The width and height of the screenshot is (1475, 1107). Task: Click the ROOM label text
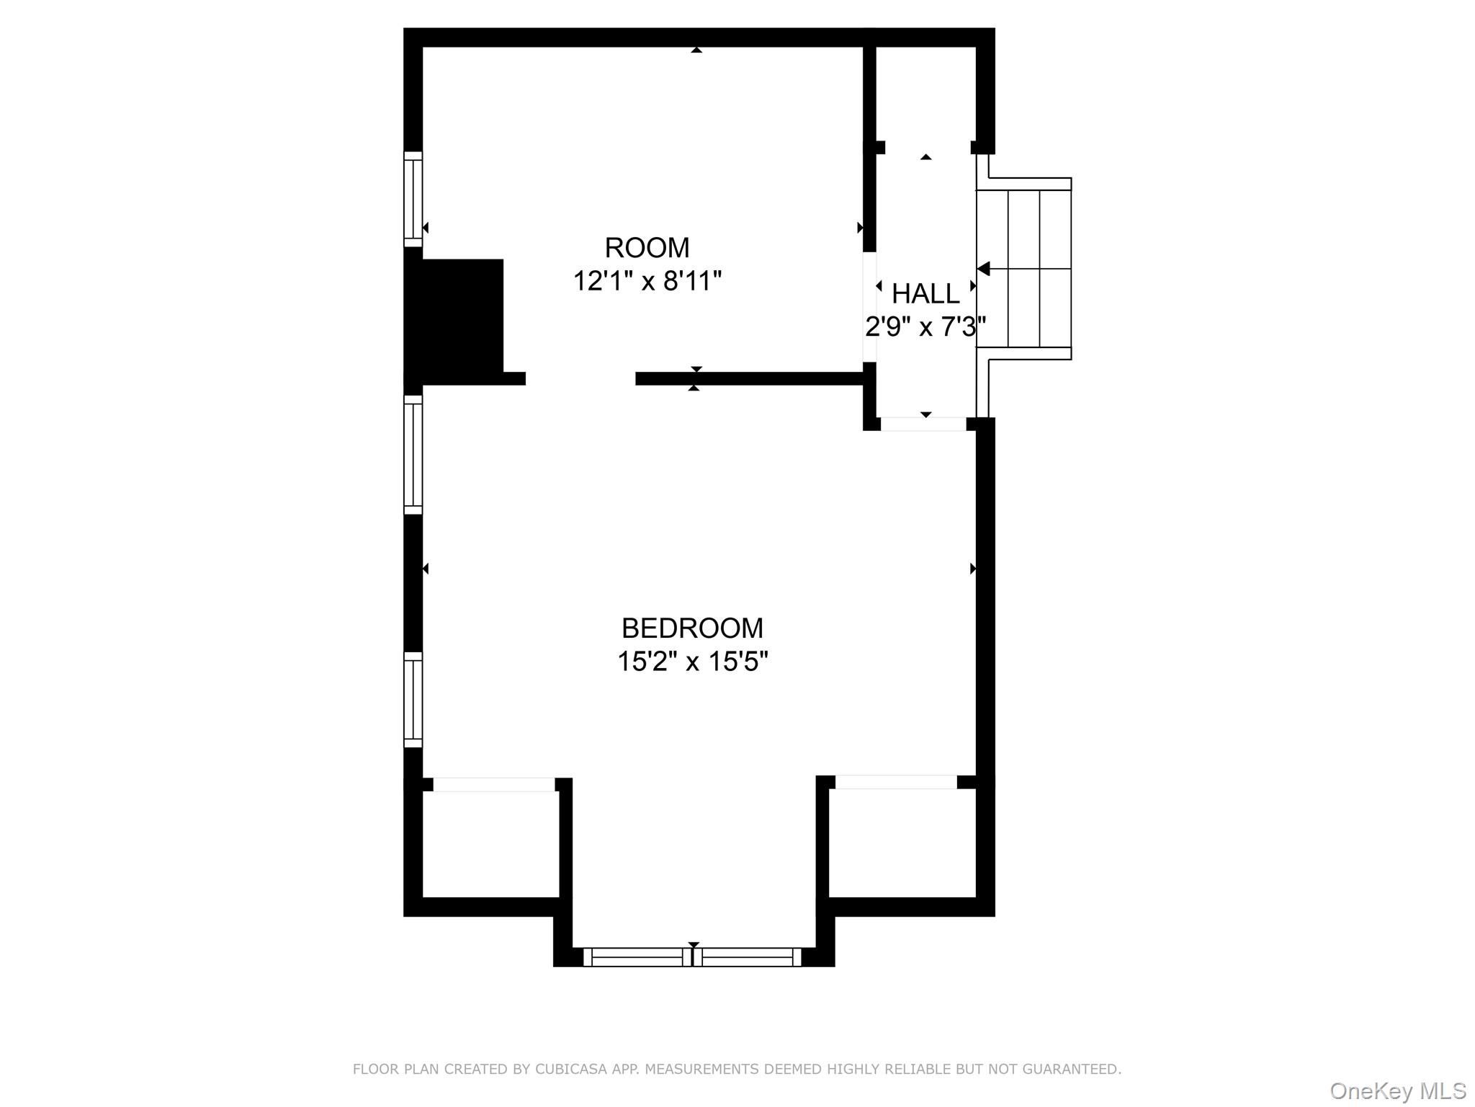pos(647,248)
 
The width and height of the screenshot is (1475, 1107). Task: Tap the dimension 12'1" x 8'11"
pos(647,281)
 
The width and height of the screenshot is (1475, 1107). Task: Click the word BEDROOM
pos(692,628)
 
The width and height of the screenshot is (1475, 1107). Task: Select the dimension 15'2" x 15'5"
pos(692,662)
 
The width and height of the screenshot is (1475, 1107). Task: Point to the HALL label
pos(925,294)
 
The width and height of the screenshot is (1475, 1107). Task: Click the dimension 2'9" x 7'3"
pos(925,327)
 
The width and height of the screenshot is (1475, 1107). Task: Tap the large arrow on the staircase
pos(984,269)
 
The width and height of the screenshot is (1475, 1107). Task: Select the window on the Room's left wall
pos(413,199)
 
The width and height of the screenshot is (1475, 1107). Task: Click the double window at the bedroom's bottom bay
pos(692,957)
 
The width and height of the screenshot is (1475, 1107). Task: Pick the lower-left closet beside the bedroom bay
pos(490,845)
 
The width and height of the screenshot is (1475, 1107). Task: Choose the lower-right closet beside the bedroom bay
pos(902,843)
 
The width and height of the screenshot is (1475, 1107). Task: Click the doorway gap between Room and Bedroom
pos(580,379)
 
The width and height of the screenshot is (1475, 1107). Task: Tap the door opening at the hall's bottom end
pos(923,424)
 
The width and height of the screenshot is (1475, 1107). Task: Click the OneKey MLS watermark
pos(1397,1090)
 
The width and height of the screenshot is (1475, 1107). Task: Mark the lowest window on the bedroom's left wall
pos(413,700)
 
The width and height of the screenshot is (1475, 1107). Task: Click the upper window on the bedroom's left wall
pos(413,455)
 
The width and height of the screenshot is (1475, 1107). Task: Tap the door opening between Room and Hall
pos(869,306)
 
